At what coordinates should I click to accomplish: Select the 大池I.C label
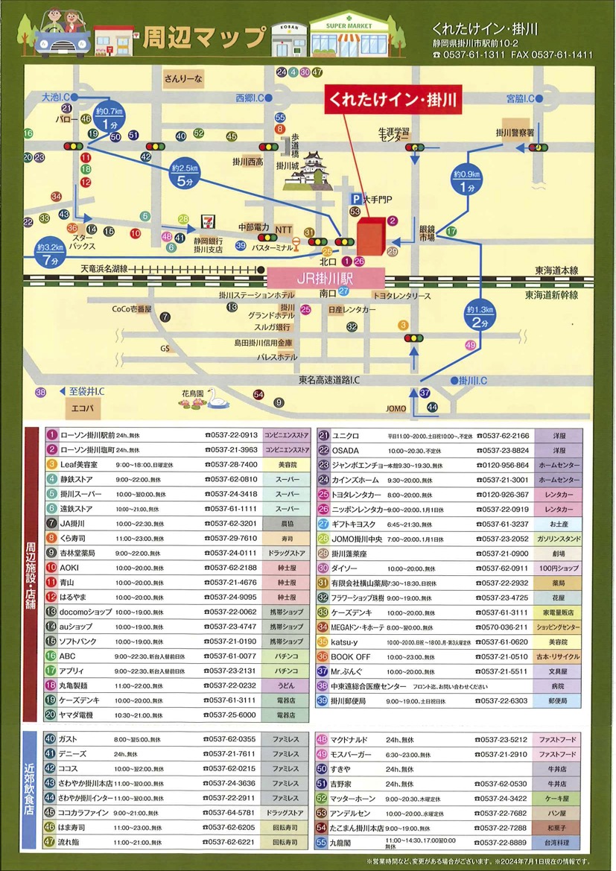click(x=56, y=98)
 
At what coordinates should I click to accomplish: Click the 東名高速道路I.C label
click(x=329, y=380)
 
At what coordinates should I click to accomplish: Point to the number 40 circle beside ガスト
click(x=51, y=739)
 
